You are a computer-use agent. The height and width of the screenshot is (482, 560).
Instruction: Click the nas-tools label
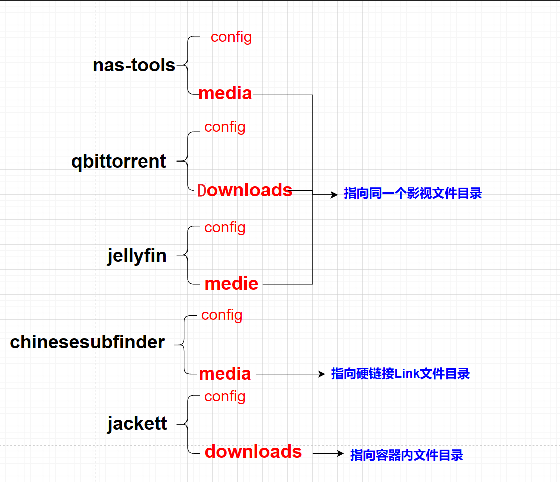pos(134,65)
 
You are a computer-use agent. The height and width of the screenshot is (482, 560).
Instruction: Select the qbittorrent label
pos(119,162)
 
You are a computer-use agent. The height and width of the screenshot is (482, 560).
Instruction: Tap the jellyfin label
pos(137,256)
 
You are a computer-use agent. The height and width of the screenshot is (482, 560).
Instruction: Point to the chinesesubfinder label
pos(87,342)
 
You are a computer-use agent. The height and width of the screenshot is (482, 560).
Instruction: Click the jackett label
pos(137,424)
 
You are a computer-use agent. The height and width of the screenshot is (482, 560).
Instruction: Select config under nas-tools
pos(231,37)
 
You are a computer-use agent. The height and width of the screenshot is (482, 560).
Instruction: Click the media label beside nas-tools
pos(225,93)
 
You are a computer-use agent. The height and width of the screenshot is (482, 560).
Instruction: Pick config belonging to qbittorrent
pos(225,127)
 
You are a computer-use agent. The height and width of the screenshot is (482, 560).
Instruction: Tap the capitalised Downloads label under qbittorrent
pos(245,190)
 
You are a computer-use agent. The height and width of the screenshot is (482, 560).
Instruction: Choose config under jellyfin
pos(225,227)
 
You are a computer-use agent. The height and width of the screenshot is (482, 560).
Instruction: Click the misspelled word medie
pos(231,284)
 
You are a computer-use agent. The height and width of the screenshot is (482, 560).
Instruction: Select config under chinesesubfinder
pos(222,315)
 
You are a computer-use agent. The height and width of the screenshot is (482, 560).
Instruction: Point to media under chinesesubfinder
pos(225,374)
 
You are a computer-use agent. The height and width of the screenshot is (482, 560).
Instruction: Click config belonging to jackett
pos(225,396)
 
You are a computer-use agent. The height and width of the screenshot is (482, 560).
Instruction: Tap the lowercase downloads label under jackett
pos(253,452)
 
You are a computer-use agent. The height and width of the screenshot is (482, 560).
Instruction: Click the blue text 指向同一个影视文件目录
pos(413,194)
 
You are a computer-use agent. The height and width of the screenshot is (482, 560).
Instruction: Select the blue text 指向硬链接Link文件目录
pos(400,374)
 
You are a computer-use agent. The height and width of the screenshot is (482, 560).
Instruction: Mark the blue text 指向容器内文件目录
pos(407,455)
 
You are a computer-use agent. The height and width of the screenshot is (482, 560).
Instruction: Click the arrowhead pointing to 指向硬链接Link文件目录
pos(322,374)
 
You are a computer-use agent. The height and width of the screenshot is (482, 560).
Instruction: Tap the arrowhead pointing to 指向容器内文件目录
pos(341,453)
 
